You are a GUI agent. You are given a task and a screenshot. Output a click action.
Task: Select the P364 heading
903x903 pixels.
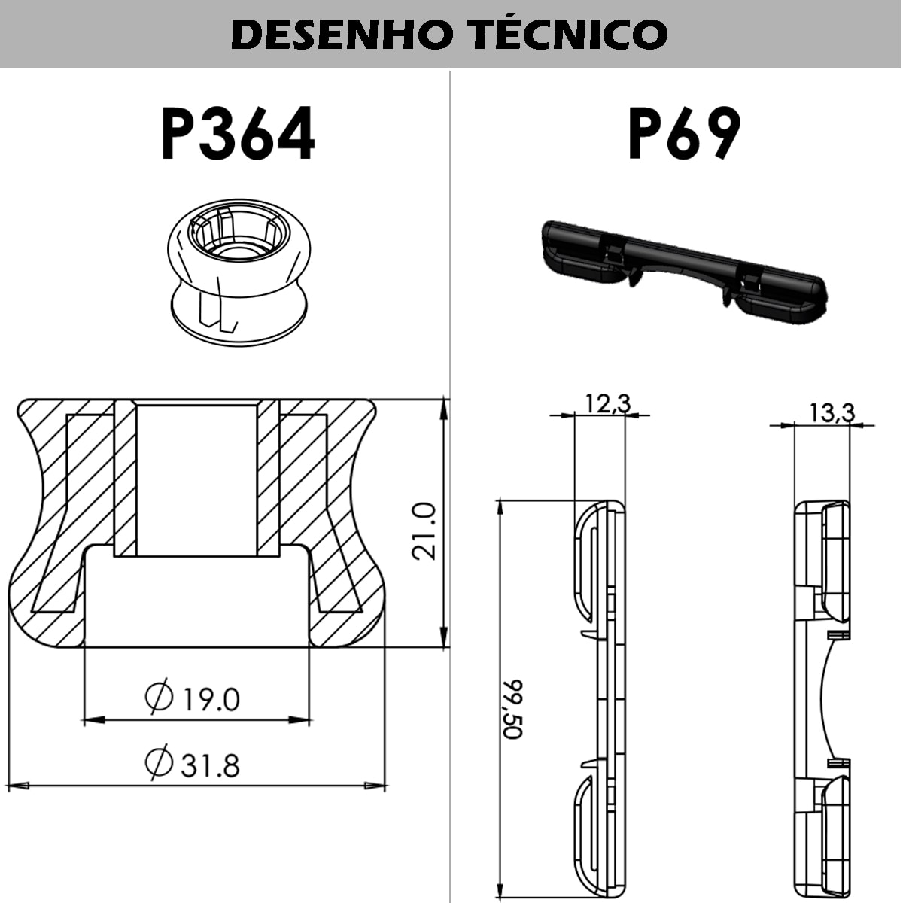pyautogui.click(x=238, y=135)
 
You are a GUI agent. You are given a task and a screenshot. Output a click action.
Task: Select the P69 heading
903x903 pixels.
pyautogui.click(x=684, y=134)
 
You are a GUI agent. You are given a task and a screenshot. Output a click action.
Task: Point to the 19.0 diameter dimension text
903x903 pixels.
pyautogui.click(x=209, y=699)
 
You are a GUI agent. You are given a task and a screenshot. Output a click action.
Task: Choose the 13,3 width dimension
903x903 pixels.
pyautogui.click(x=832, y=412)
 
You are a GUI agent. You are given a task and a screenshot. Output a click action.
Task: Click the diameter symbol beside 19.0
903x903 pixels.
pyautogui.click(x=159, y=698)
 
